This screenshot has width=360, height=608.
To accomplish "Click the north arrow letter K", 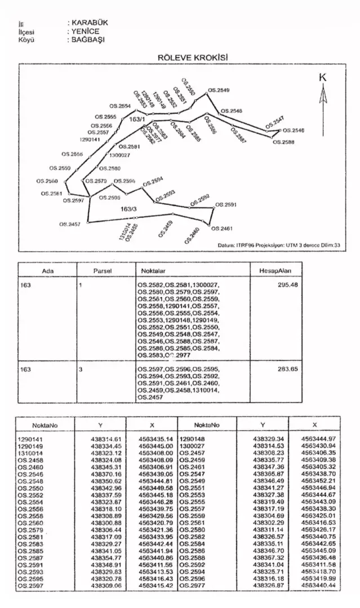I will [x=323, y=78].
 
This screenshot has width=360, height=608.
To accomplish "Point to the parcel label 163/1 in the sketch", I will [x=137, y=120].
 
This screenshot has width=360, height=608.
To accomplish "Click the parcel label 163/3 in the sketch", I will [x=129, y=209].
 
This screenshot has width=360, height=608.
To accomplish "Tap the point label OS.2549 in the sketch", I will [x=219, y=90].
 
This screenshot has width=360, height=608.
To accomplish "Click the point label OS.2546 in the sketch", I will [x=293, y=130].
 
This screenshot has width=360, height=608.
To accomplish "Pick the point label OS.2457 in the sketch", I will [x=70, y=224].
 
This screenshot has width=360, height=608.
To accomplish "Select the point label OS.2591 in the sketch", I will [x=227, y=204].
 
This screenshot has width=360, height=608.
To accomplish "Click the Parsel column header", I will [x=103, y=270].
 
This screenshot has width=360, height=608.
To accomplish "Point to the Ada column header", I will [x=47, y=270].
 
